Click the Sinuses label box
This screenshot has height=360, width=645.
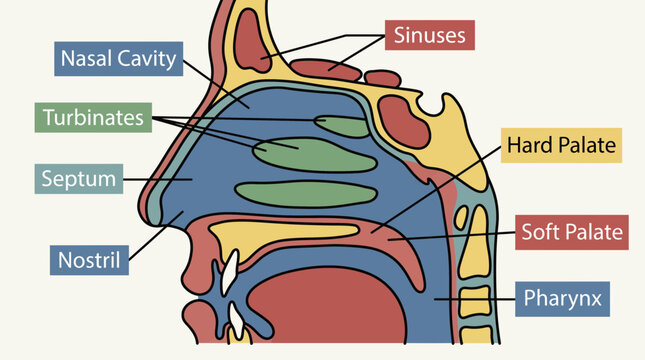coord(430,35)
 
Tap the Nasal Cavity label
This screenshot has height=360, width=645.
coord(118,58)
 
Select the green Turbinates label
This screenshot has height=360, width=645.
coord(93,118)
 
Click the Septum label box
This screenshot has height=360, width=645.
coord(79,179)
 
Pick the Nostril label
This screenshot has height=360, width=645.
coord(89,260)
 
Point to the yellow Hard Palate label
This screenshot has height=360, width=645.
coord(561,145)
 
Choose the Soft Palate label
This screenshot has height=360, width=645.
coord(572,232)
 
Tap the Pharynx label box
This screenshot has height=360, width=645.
coord(562,299)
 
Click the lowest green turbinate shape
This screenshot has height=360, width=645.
coord(306,194)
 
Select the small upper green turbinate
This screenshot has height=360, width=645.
coord(342,126)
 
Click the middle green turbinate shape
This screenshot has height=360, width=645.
coord(313,155)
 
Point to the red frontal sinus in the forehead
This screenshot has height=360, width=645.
coord(251,40)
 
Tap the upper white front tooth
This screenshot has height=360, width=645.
coord(230,272)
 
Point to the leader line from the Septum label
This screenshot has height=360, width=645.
coord(158,179)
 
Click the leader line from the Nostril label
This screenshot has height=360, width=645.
coord(156,236)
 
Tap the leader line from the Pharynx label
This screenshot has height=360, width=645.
coord(475,300)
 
